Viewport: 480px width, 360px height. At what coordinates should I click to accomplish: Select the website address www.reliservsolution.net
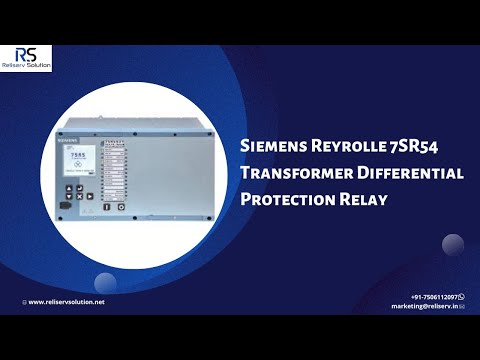coord(65,301)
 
